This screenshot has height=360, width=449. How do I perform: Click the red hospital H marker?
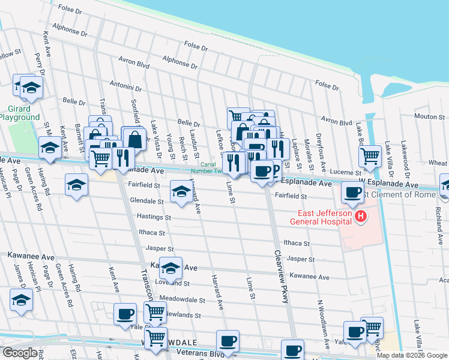[x=360, y=216]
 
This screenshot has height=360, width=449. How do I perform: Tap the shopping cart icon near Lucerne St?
[x=370, y=156]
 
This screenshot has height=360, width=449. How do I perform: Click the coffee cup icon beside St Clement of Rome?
[x=352, y=192]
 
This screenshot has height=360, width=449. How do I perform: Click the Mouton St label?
[x=428, y=116]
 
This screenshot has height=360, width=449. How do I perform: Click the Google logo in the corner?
[x=20, y=353]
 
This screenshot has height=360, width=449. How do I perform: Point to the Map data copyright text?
[x=411, y=355]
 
